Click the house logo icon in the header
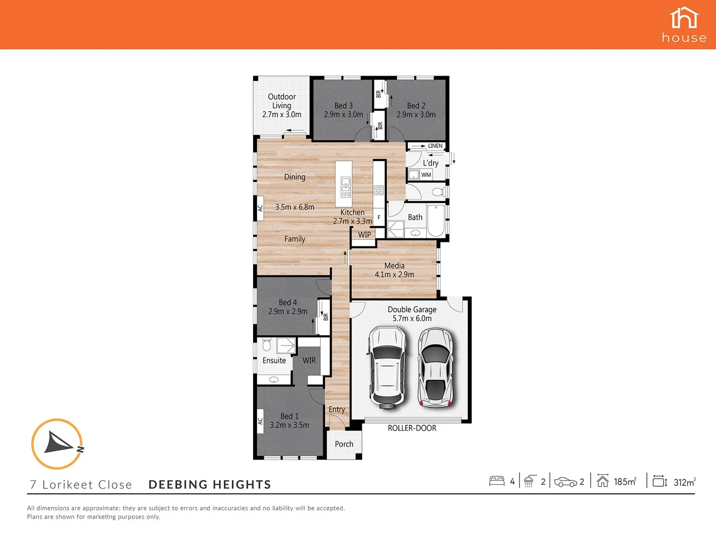click(x=684, y=18)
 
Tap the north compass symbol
click(x=57, y=444)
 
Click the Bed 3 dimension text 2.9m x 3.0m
click(x=344, y=114)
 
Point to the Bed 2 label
click(x=416, y=105)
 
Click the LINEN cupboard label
click(x=435, y=146)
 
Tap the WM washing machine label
click(x=426, y=175)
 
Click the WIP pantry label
click(x=364, y=235)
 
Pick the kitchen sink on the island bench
click(x=345, y=188)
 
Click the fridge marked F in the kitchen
click(x=379, y=217)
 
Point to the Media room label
click(x=394, y=266)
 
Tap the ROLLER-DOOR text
click(x=412, y=428)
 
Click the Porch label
click(x=344, y=444)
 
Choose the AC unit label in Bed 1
click(x=260, y=421)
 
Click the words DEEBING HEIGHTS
click(x=210, y=485)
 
